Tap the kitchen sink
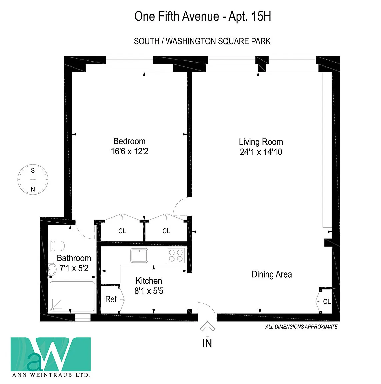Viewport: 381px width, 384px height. pyautogui.click(x=139, y=255)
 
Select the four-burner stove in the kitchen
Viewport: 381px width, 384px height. pyautogui.click(x=176, y=256)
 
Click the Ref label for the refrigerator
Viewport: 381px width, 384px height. pyautogui.click(x=111, y=299)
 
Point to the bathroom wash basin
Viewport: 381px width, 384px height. pyautogui.click(x=52, y=269)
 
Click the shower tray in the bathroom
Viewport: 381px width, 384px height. pyautogui.click(x=72, y=296)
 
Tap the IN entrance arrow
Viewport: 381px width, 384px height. pyautogui.click(x=207, y=329)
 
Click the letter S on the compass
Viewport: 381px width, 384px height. pyautogui.click(x=33, y=170)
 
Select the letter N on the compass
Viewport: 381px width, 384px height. pyautogui.click(x=33, y=189)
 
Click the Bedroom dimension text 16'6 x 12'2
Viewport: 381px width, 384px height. pyautogui.click(x=130, y=151)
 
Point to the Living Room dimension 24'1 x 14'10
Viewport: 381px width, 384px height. pyautogui.click(x=261, y=152)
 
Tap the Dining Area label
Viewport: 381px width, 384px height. pyautogui.click(x=272, y=275)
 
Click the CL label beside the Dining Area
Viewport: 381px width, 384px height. pyautogui.click(x=327, y=301)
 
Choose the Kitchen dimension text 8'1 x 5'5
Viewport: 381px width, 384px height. pyautogui.click(x=149, y=291)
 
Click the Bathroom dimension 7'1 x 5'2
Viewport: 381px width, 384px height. pyautogui.click(x=74, y=268)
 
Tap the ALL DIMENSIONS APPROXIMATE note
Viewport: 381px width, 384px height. pyautogui.click(x=301, y=327)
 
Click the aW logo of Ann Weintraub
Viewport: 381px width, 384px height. pyautogui.click(x=51, y=354)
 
